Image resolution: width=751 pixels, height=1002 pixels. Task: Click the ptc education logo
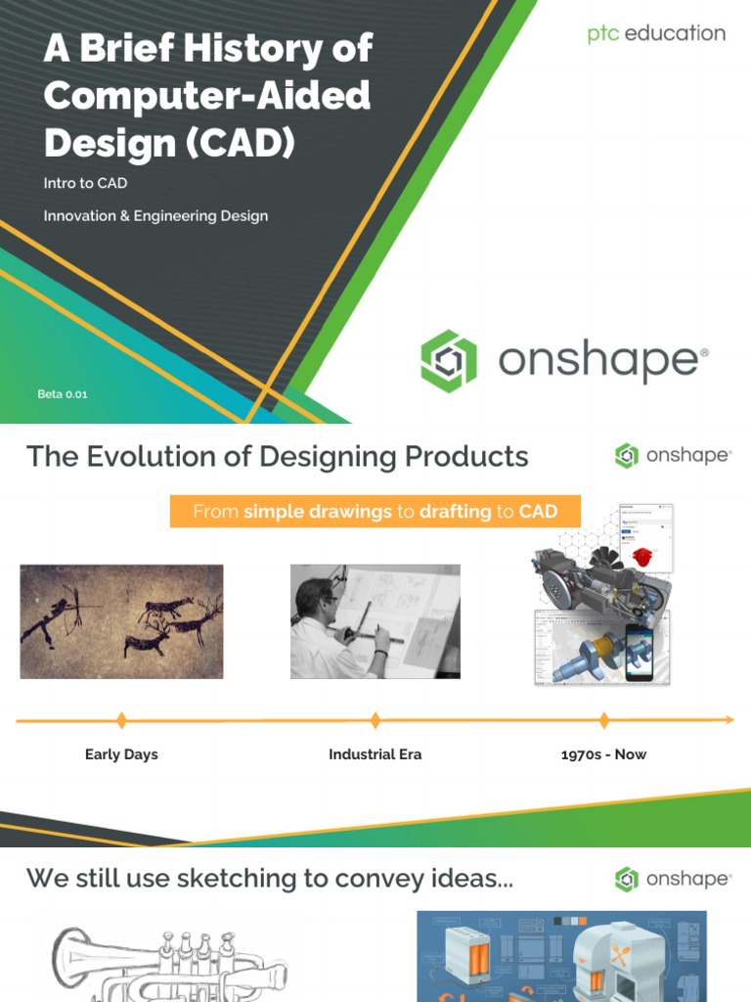tap(656, 33)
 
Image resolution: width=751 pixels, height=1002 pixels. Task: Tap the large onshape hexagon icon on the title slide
tap(449, 360)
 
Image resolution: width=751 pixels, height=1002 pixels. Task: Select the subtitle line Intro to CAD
tap(85, 183)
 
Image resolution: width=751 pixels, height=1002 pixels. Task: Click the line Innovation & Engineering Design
tap(155, 216)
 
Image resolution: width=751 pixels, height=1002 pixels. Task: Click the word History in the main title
tap(245, 49)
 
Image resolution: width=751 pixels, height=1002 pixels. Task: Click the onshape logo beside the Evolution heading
tap(673, 456)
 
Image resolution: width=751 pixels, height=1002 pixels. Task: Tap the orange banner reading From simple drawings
tap(375, 512)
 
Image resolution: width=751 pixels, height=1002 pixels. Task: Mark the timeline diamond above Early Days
tap(121, 721)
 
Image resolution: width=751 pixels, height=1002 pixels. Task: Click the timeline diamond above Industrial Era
tap(375, 721)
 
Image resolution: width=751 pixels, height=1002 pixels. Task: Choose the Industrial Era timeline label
tap(375, 754)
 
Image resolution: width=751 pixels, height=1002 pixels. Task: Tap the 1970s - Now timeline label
tap(603, 754)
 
